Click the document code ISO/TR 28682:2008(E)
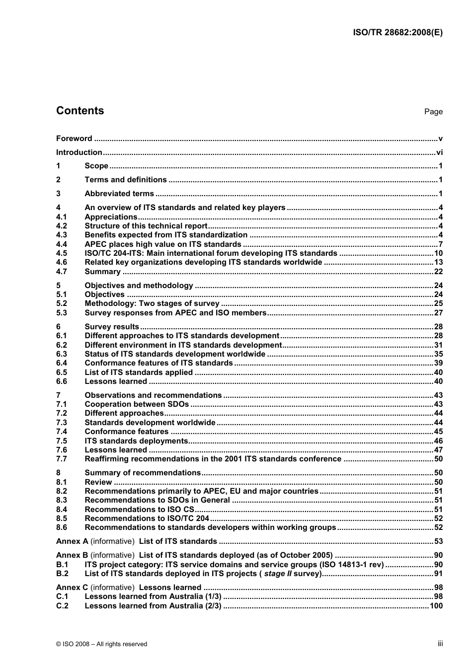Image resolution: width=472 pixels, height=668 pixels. pyautogui.click(x=397, y=33)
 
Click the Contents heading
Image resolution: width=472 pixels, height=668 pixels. pyautogui.click(x=80, y=111)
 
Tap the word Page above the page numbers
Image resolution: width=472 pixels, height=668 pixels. pyautogui.click(x=433, y=112)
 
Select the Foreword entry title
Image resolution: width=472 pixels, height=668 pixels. pyautogui.click(x=74, y=139)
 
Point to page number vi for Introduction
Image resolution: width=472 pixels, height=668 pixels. pyautogui.click(x=439, y=152)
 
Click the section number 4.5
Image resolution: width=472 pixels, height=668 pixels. pyautogui.click(x=62, y=253)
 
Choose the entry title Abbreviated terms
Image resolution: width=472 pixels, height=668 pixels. pyautogui.click(x=119, y=194)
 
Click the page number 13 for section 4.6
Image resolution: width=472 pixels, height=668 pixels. pyautogui.click(x=438, y=262)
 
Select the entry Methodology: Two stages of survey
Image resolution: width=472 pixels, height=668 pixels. pyautogui.click(x=152, y=303)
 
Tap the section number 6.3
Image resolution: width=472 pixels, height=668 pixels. pyautogui.click(x=62, y=354)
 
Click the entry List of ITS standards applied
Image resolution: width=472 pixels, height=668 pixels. pyautogui.click(x=139, y=372)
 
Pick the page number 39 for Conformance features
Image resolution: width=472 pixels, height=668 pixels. pyautogui.click(x=438, y=363)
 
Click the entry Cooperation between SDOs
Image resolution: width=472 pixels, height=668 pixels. pyautogui.click(x=137, y=404)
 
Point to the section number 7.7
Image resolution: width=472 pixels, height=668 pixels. pyautogui.click(x=62, y=459)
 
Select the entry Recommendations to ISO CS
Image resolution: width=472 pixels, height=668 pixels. pyautogui.click(x=139, y=510)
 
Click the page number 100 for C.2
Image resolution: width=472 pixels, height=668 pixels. pyautogui.click(x=436, y=606)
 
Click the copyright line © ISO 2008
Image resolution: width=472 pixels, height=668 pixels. pyautogui.click(x=102, y=644)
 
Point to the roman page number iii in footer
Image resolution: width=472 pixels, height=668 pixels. pyautogui.click(x=440, y=644)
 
